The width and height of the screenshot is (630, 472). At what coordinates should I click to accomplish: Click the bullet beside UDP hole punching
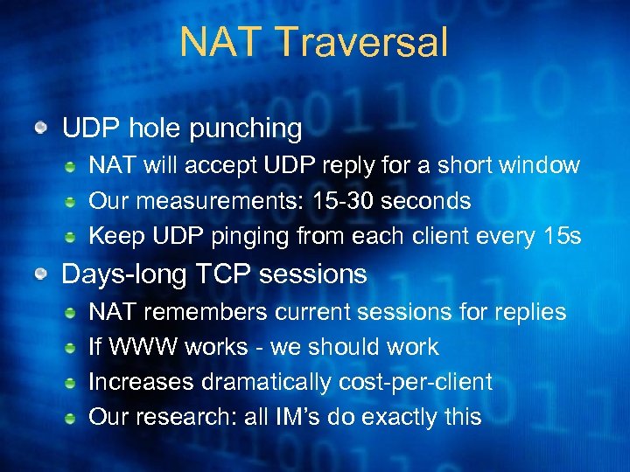tap(41, 129)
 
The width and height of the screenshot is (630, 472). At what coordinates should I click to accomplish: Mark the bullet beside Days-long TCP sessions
tap(41, 275)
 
